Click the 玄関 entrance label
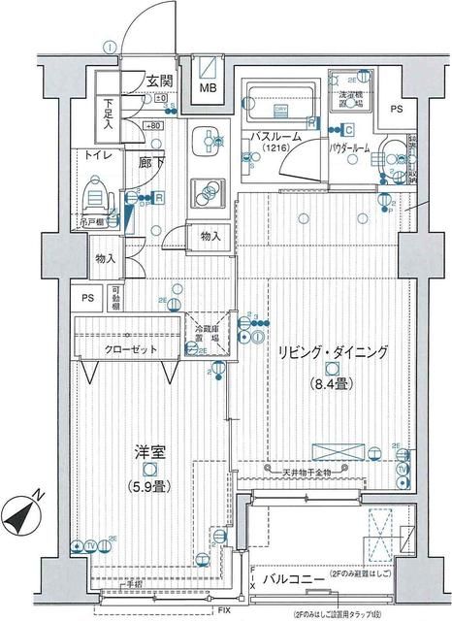click(161, 81)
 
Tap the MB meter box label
click(209, 89)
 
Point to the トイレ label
click(97, 154)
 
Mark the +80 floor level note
click(153, 125)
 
